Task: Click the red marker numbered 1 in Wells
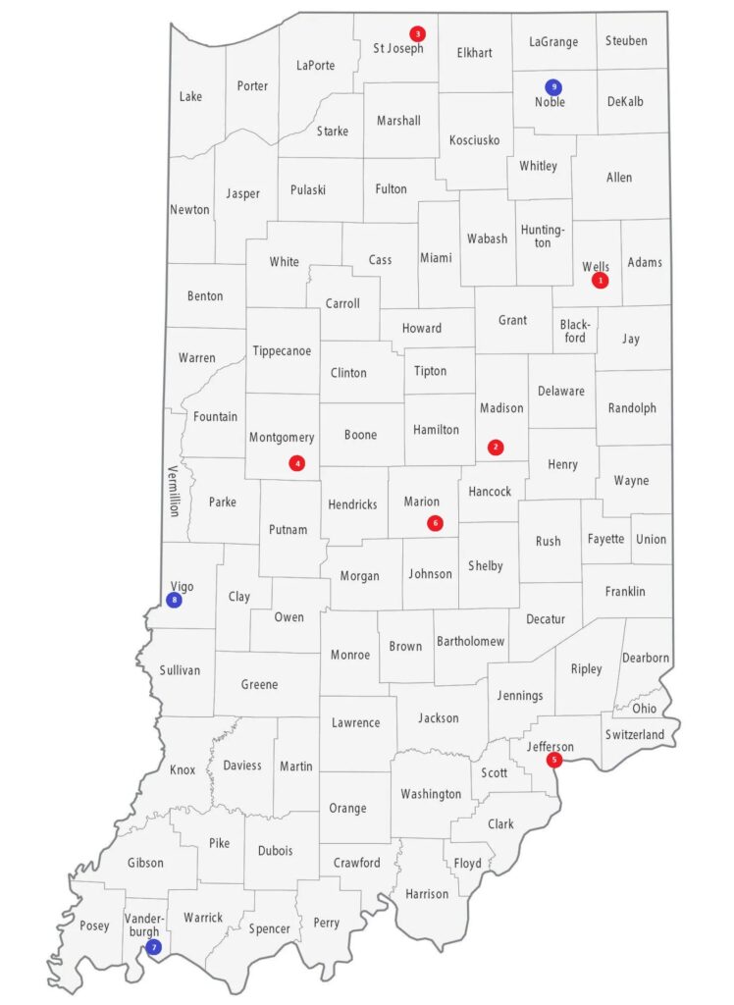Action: [x=601, y=281]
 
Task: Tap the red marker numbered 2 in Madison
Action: [x=496, y=448]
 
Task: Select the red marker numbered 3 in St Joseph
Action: [x=417, y=32]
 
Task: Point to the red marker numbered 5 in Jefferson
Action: [x=554, y=759]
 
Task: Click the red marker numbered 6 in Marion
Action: [x=436, y=523]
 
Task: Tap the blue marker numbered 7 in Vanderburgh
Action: [x=152, y=947]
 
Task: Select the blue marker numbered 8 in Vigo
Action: [x=175, y=600]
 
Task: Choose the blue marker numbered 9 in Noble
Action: [x=553, y=86]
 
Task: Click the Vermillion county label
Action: [x=174, y=491]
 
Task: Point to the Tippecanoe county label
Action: [x=282, y=350]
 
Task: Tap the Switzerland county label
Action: [x=635, y=734]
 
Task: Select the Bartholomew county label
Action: [x=470, y=641]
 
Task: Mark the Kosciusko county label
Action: [x=474, y=139]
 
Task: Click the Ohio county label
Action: [x=645, y=708]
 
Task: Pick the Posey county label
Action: [x=94, y=926]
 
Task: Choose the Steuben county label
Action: [x=626, y=41]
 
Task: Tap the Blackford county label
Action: [x=575, y=331]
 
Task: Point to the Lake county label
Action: [x=190, y=96]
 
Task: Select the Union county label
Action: [x=651, y=539]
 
